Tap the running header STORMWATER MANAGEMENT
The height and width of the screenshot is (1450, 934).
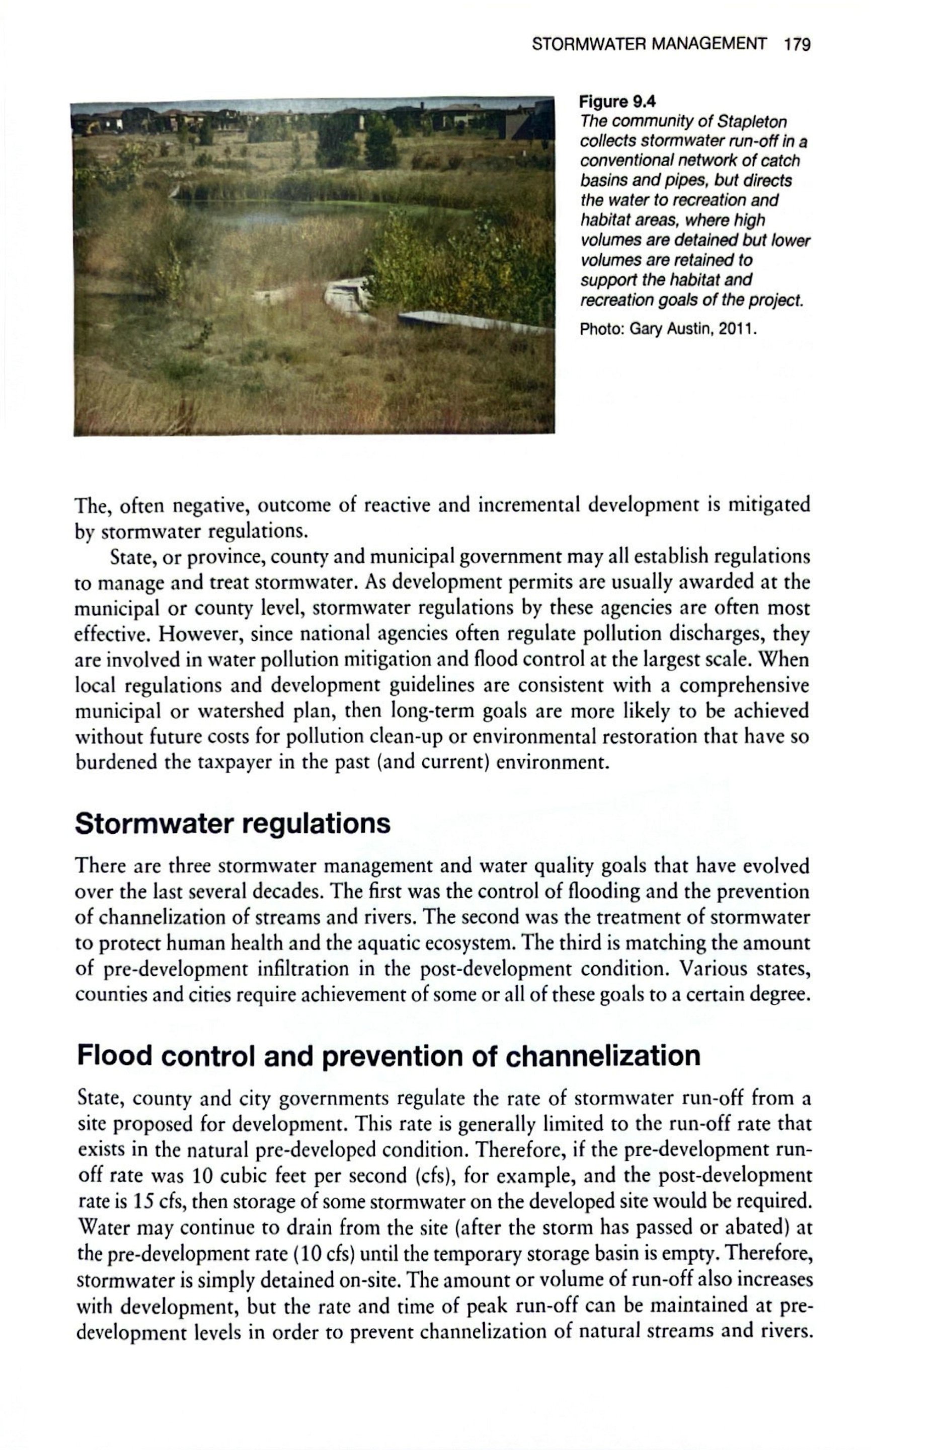coord(648,44)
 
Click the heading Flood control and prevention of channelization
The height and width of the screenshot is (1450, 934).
coord(388,1056)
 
